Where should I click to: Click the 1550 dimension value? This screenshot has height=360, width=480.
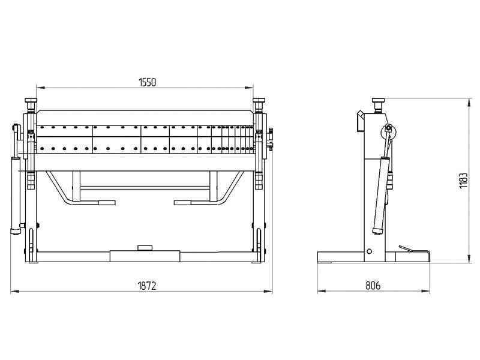click(x=147, y=82)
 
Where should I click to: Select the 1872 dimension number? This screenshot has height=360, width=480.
click(x=147, y=286)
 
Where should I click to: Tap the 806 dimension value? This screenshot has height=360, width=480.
click(x=373, y=286)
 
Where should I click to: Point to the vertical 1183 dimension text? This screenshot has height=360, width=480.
click(x=463, y=181)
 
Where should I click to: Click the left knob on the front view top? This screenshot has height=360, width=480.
click(x=31, y=100)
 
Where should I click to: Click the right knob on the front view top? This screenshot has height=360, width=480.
click(x=259, y=100)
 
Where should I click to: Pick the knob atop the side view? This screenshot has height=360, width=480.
click(x=378, y=100)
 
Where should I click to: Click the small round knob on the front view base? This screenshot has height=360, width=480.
click(x=145, y=248)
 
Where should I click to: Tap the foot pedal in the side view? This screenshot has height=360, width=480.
click(x=406, y=248)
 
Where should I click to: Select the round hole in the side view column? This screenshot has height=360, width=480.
click(x=369, y=251)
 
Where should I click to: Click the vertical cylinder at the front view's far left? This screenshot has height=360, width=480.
click(x=16, y=196)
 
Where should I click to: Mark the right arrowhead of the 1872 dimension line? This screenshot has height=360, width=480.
click(x=268, y=291)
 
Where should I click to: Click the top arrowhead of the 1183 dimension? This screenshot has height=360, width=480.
click(x=469, y=103)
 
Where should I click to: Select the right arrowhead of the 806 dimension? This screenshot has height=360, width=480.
click(x=425, y=291)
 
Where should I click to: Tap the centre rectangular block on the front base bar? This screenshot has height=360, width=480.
click(x=145, y=256)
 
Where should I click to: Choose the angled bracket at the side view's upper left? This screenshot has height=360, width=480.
click(x=361, y=121)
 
